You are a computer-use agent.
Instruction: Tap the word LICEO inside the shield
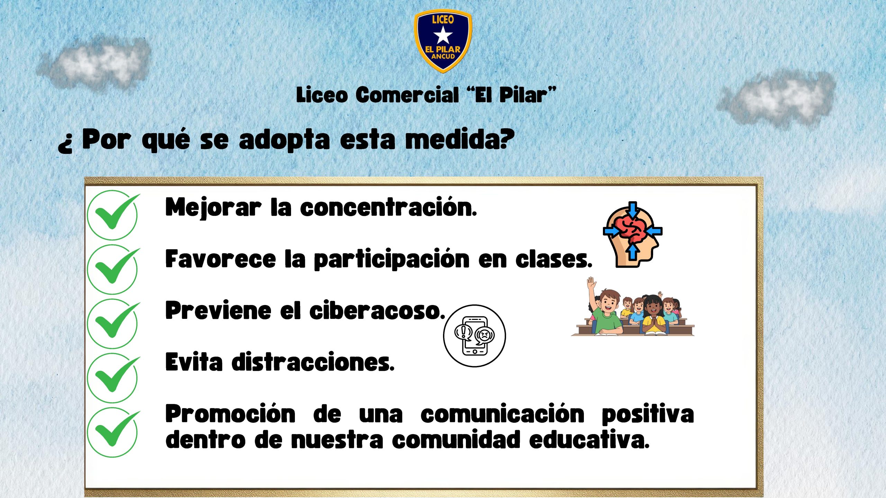pyautogui.click(x=443, y=19)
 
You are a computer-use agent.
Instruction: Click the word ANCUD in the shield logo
pyautogui.click(x=443, y=56)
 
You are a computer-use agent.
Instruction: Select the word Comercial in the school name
pyautogui.click(x=407, y=95)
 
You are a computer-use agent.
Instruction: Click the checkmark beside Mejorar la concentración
pyautogui.click(x=114, y=214)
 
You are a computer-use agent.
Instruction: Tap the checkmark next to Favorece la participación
pyautogui.click(x=114, y=269)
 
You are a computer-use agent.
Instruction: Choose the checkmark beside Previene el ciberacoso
pyautogui.click(x=114, y=323)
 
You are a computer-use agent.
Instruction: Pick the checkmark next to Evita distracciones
pyautogui.click(x=114, y=377)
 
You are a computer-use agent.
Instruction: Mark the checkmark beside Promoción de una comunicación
pyautogui.click(x=114, y=432)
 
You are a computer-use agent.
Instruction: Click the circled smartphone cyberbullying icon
pyautogui.click(x=474, y=335)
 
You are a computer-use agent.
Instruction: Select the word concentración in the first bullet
pyautogui.click(x=389, y=207)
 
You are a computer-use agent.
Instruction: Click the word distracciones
pyautogui.click(x=313, y=362)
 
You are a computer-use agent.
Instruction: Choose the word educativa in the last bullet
pyautogui.click(x=589, y=440)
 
